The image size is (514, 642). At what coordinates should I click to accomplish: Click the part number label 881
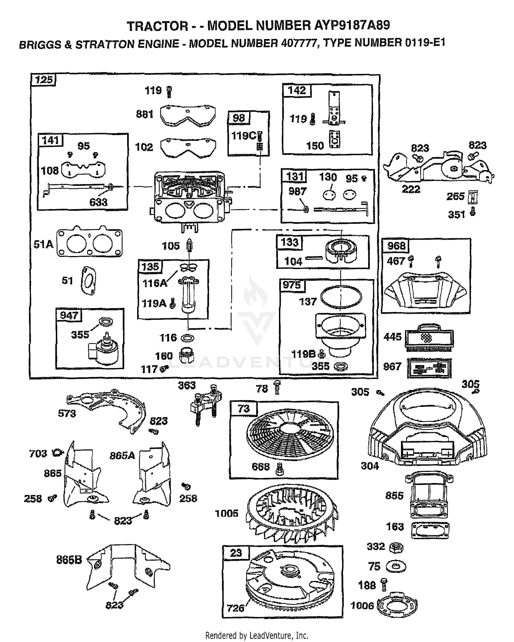pyautogui.click(x=145, y=114)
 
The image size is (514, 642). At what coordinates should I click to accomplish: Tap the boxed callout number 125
pyautogui.click(x=45, y=80)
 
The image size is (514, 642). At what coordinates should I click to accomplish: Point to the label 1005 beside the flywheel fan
pyautogui.click(x=227, y=513)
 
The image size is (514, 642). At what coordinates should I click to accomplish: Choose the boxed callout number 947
pyautogui.click(x=69, y=315)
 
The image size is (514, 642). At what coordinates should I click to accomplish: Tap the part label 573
pyautogui.click(x=67, y=414)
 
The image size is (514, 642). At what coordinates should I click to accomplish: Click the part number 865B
pyautogui.click(x=69, y=560)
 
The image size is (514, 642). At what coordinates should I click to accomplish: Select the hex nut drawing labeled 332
pyautogui.click(x=397, y=547)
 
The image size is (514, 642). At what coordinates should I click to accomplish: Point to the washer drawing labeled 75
pyautogui.click(x=396, y=567)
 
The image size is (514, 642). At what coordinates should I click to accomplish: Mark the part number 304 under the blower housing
pyautogui.click(x=370, y=466)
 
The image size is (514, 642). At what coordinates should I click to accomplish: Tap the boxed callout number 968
pyautogui.click(x=396, y=246)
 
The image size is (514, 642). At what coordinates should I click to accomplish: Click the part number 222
pyautogui.click(x=411, y=189)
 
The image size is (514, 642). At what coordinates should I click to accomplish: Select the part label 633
pyautogui.click(x=98, y=202)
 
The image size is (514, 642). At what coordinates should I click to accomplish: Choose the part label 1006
pyautogui.click(x=362, y=606)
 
